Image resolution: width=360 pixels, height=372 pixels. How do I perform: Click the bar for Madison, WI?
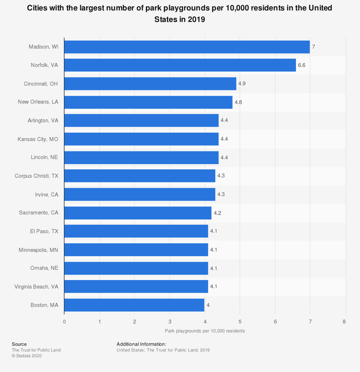tap(187, 47)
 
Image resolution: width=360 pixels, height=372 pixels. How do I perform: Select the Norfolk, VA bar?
tap(180, 65)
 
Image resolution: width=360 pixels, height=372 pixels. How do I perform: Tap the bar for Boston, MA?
tap(134, 305)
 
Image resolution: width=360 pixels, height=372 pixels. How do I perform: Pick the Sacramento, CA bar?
tap(137, 213)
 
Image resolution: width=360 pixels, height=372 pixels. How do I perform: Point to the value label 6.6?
tap(301, 65)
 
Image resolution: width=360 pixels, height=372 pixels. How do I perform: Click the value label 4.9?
tap(242, 84)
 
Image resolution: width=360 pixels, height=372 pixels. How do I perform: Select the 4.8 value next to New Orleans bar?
tap(238, 102)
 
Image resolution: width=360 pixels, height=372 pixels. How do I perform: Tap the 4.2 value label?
tap(217, 213)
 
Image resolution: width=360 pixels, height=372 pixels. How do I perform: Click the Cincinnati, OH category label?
tap(41, 84)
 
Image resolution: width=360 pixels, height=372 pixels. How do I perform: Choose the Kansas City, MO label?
tap(38, 139)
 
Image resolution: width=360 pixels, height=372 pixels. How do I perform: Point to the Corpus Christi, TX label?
tap(37, 176)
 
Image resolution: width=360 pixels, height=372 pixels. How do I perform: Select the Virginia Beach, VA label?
tap(36, 287)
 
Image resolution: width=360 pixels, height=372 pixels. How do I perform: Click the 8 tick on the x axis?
tap(344, 321)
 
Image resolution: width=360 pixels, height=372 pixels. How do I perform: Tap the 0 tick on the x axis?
tap(64, 321)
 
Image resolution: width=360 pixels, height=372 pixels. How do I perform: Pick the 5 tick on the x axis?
tap(239, 321)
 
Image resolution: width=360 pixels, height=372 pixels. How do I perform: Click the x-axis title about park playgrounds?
tap(204, 331)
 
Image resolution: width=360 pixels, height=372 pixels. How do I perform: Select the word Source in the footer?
tap(19, 344)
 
